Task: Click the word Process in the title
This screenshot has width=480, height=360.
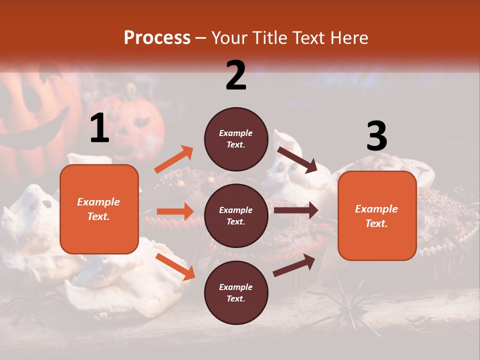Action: (157, 37)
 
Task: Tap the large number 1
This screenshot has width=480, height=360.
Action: (99, 128)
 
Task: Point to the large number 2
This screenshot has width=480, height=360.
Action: (236, 75)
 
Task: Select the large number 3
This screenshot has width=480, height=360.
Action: (376, 136)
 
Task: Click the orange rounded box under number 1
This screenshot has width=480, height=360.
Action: (99, 209)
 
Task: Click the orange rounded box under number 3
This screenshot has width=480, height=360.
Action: (377, 215)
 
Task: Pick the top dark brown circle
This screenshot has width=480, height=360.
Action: (236, 139)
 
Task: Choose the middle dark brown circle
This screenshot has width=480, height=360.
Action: (236, 215)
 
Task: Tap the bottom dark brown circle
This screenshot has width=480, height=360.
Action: (236, 292)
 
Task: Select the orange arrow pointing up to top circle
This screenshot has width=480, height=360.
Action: (174, 159)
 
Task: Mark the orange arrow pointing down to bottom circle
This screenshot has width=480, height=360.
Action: (175, 266)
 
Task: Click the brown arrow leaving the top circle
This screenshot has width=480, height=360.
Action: (297, 159)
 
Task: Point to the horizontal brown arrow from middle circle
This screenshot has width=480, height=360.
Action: (295, 210)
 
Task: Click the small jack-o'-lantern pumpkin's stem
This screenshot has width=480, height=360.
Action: (131, 90)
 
